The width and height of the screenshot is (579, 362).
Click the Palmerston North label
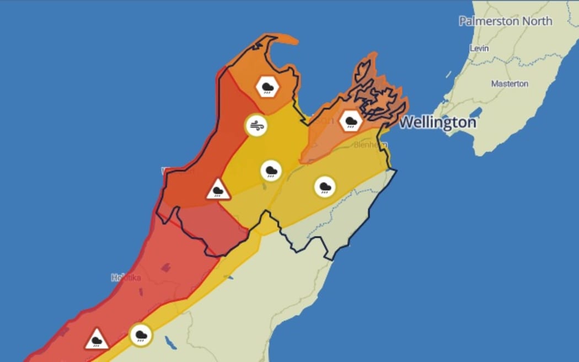coord(505,22)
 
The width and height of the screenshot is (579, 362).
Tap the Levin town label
coord(479,49)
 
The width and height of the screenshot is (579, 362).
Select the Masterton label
coord(510,84)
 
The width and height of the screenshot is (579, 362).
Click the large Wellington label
coord(437,123)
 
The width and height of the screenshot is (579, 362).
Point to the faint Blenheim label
coord(367,145)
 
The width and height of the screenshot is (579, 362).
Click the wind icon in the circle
coord(256,126)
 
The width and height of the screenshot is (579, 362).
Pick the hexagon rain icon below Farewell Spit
coord(268,87)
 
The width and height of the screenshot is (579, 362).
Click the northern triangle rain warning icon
coord(218,190)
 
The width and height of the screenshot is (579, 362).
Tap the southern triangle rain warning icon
coord(96,339)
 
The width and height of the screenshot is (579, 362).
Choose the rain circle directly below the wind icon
coord(271,171)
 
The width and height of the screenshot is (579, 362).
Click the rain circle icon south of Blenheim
coord(325,187)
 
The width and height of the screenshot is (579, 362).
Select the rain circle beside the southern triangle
coord(141,334)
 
